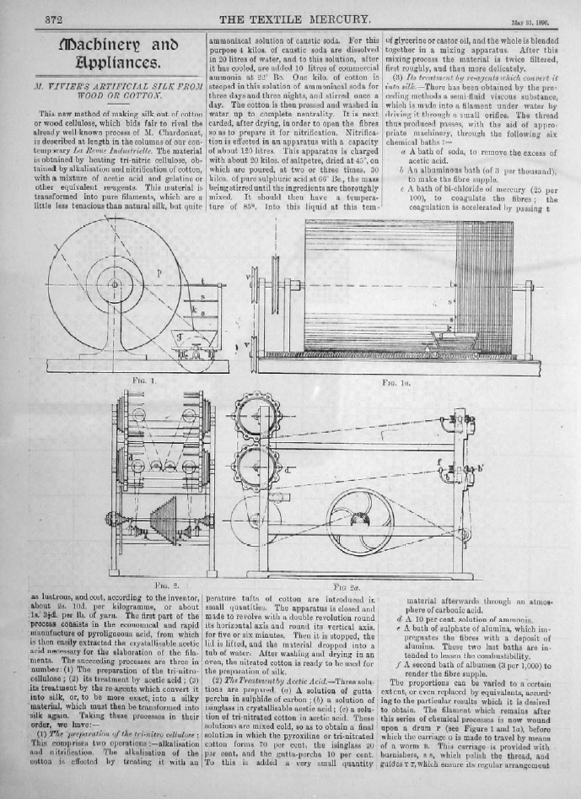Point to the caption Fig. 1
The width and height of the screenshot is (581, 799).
click(x=123, y=381)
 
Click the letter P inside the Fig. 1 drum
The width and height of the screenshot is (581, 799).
click(x=159, y=273)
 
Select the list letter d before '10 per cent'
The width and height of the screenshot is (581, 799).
click(x=398, y=619)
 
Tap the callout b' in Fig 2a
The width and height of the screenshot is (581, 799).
click(x=481, y=465)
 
